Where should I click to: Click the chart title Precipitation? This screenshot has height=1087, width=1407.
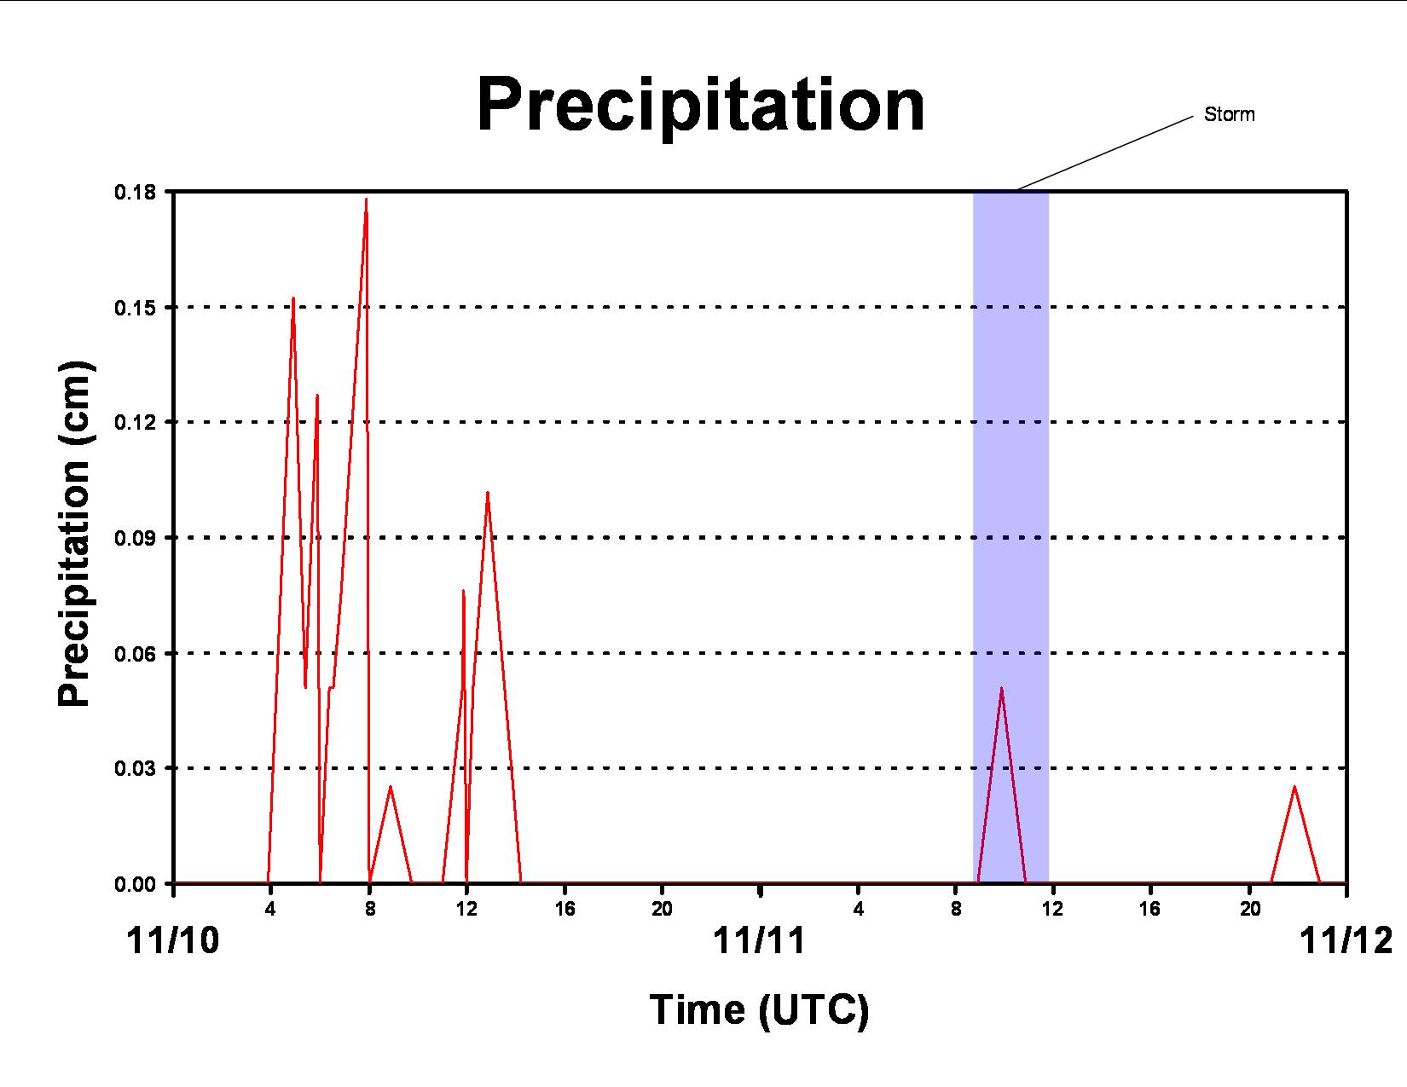701,105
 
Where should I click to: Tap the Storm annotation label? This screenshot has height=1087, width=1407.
1229,114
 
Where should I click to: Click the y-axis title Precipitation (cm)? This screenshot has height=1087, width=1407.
75,534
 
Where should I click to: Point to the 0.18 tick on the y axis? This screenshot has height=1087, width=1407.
135,193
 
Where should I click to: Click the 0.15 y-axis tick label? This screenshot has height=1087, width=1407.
135,308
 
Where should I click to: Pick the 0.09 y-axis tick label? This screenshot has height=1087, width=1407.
135,538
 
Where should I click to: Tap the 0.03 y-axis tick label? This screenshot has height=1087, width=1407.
135,768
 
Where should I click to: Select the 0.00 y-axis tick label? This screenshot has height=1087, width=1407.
135,884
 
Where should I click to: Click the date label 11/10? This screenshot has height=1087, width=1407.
172,940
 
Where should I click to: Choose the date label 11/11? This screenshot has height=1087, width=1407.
759,940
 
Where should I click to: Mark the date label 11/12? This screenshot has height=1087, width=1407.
1346,940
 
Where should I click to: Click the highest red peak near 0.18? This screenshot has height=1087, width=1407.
367,199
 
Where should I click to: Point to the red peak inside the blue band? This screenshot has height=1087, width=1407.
1002,688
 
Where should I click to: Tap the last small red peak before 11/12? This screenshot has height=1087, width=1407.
1294,787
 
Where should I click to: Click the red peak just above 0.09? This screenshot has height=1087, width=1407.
487,493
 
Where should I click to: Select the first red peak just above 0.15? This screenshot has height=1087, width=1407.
293,298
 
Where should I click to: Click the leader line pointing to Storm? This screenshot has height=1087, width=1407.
1104,153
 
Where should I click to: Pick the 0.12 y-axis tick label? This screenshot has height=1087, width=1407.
135,423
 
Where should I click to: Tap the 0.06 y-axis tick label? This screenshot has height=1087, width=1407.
135,653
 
